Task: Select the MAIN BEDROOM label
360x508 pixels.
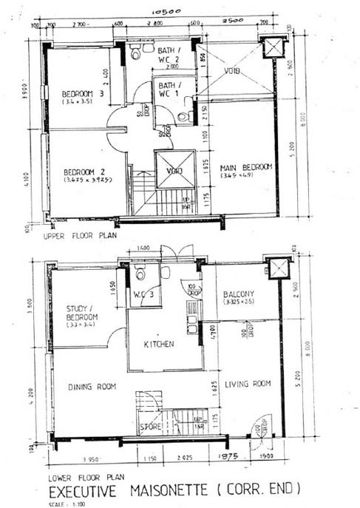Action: [x=246, y=167]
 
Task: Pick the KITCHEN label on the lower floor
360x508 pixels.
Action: [x=159, y=344]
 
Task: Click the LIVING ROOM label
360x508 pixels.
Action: [x=248, y=384]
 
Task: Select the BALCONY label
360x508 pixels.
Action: [x=239, y=294]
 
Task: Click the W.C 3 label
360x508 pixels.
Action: [x=141, y=297]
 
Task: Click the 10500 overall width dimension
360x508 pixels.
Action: [x=166, y=13]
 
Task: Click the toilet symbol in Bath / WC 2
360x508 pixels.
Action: [x=136, y=53]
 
